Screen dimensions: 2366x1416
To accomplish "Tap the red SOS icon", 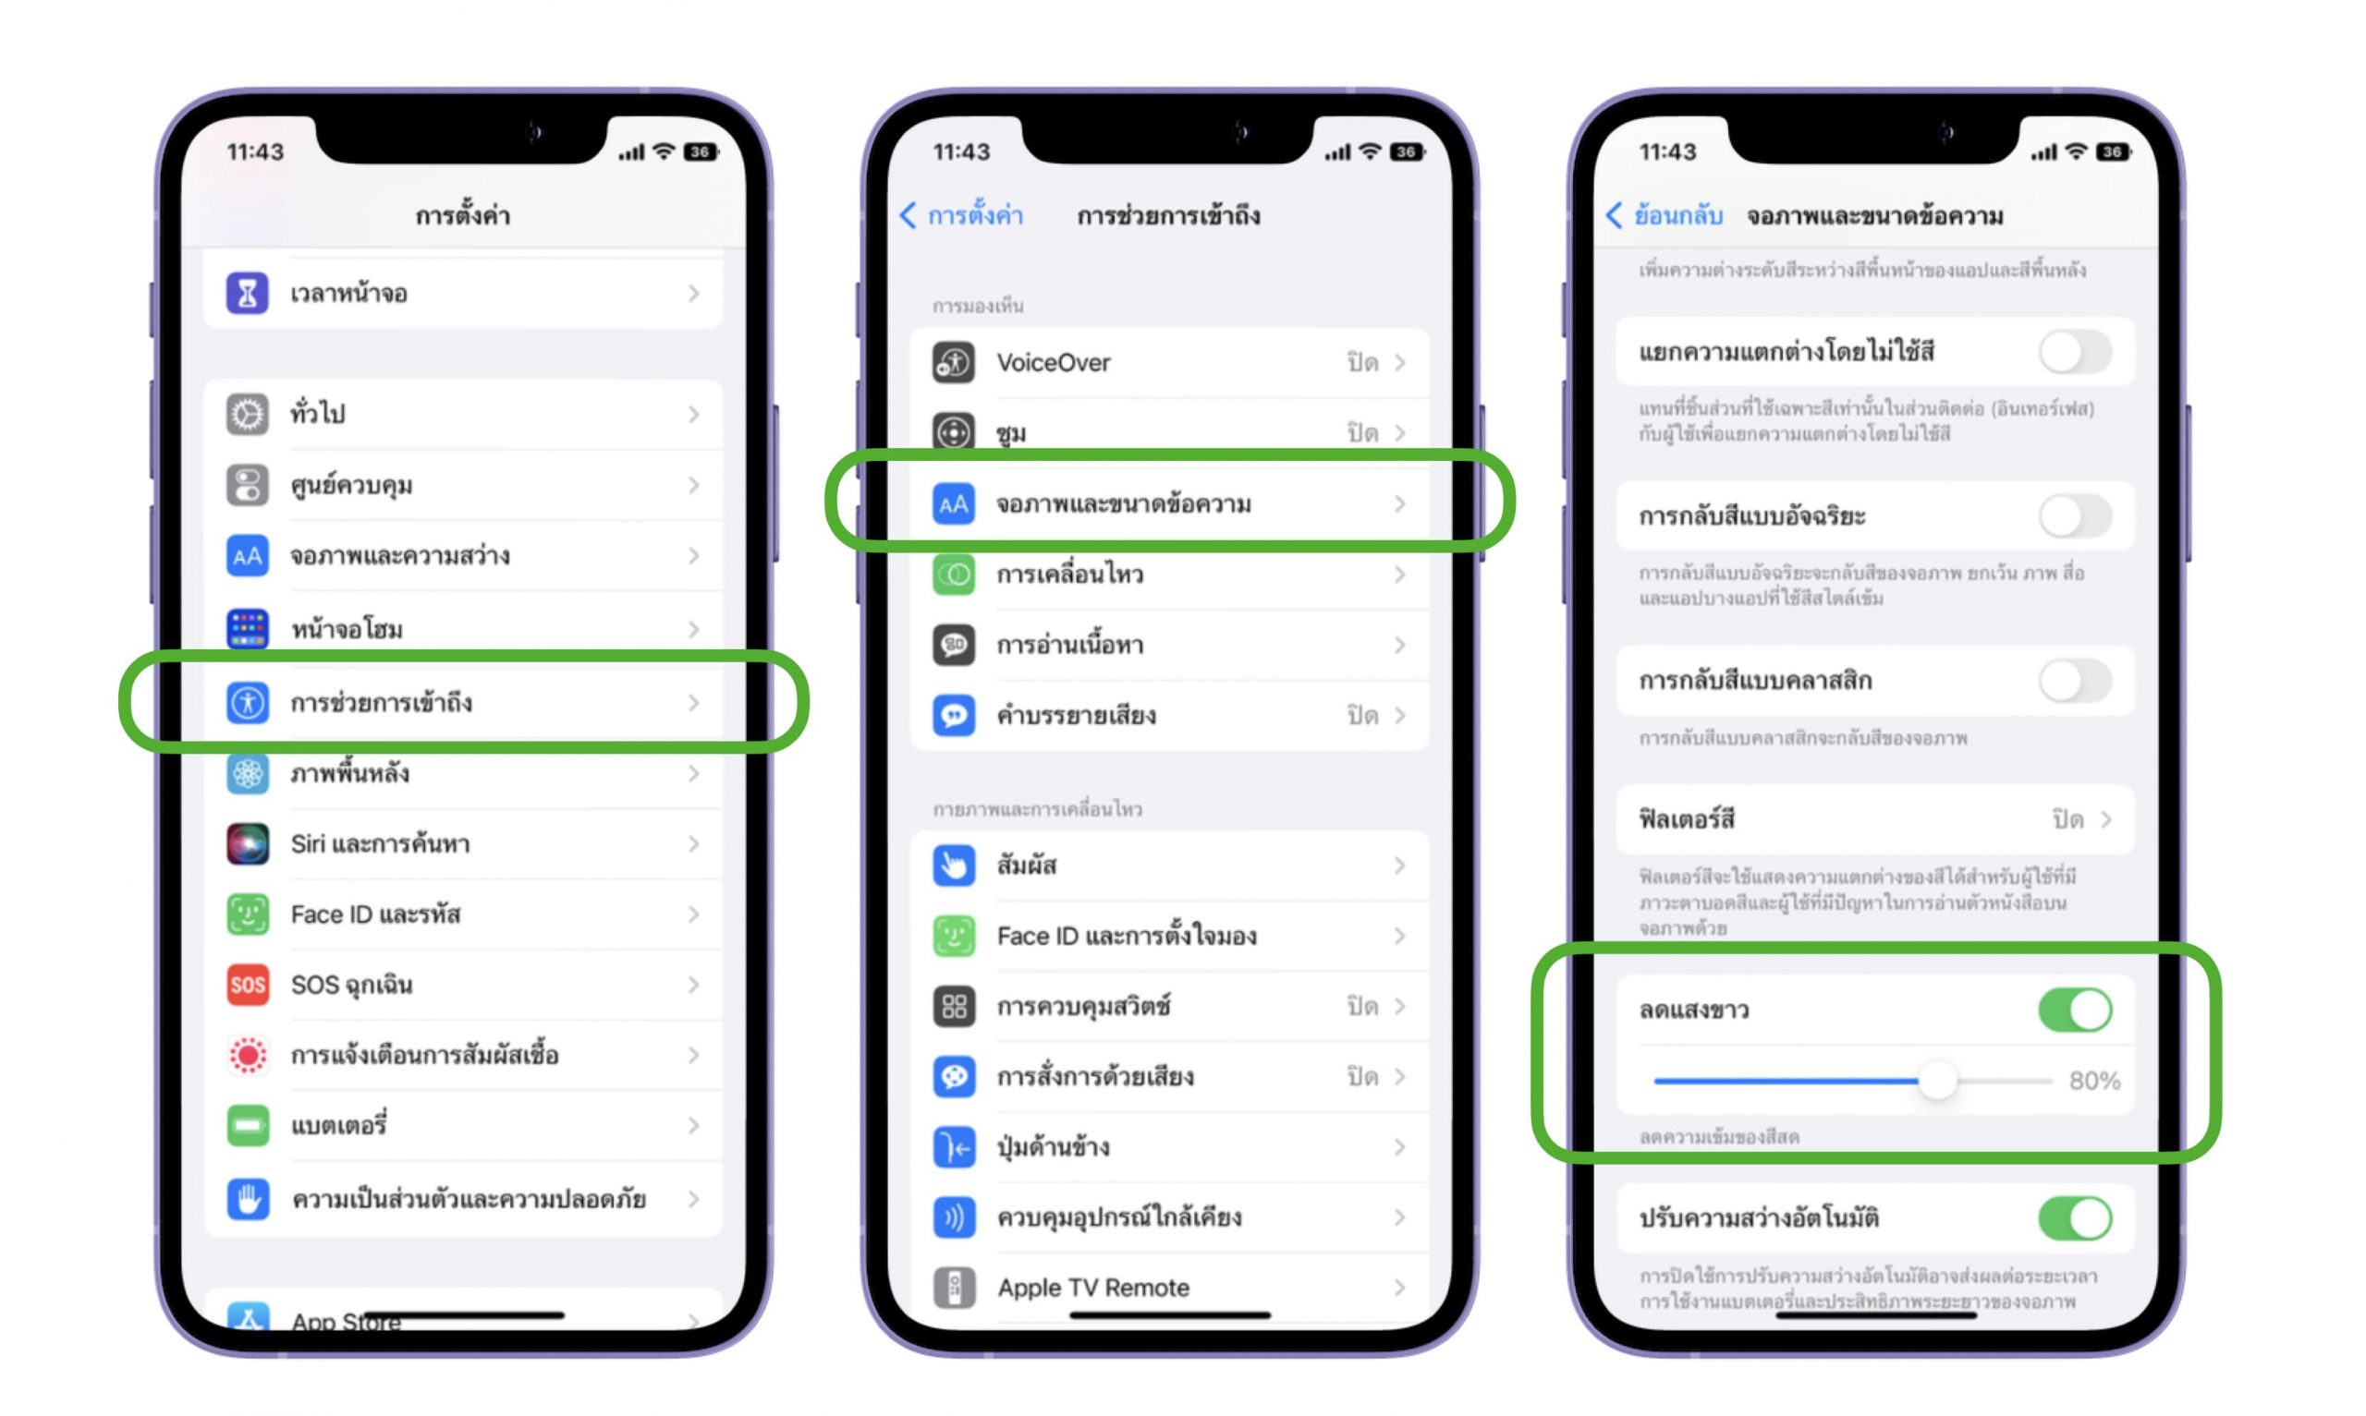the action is (247, 985).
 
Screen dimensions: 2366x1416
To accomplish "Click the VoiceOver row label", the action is (1053, 363).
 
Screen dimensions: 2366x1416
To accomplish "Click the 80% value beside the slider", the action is (2094, 1080).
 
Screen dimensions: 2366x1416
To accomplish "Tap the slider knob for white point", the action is (1937, 1081).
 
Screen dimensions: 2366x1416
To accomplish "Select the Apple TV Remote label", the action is (1092, 1289).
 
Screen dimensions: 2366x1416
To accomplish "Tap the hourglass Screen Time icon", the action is (247, 293).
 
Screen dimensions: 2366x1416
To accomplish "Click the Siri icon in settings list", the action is (247, 843).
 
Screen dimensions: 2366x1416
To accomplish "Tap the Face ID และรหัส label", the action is (375, 914).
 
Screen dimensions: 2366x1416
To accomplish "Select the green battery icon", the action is (247, 1126).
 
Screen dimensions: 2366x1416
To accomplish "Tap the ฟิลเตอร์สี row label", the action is (1687, 818).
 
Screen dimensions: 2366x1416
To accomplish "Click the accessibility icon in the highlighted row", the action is (247, 702).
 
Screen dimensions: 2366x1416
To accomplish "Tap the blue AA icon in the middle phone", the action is (954, 503).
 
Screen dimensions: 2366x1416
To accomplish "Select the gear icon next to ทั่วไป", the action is (247, 414).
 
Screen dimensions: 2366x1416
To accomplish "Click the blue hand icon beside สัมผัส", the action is (954, 865).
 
